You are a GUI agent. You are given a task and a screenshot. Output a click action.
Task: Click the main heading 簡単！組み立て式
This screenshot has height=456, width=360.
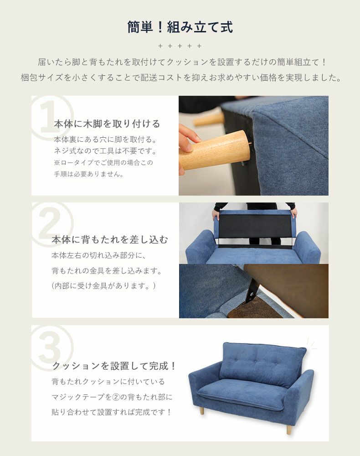[x=180, y=27]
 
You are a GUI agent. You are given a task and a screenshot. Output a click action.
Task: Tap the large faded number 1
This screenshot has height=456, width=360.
[x=50, y=118]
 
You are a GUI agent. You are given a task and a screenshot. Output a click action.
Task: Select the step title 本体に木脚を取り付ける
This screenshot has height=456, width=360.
[x=107, y=124]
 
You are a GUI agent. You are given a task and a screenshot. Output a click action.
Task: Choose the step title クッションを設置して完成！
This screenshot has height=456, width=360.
[x=114, y=366]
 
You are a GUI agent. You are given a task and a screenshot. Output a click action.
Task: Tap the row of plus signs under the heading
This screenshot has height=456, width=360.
[x=180, y=46]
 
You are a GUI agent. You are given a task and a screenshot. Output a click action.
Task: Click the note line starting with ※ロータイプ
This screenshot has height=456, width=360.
[x=103, y=163]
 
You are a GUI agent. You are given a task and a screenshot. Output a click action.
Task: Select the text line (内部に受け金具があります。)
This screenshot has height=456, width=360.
[x=104, y=286]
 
